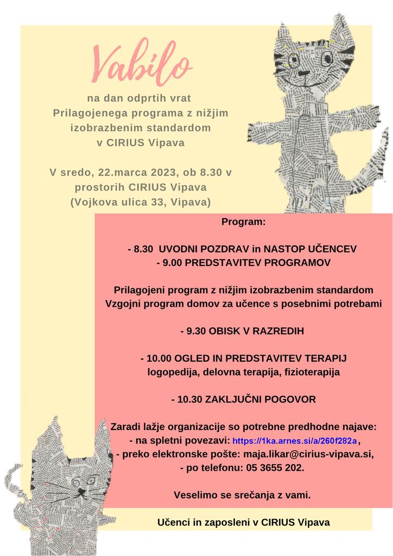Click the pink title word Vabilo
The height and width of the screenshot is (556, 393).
click(143, 64)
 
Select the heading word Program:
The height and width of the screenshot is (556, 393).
click(244, 222)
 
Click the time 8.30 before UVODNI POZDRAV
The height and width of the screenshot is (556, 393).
click(144, 249)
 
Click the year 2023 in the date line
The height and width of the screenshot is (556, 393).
click(160, 173)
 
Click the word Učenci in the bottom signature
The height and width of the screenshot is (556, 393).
click(172, 522)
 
